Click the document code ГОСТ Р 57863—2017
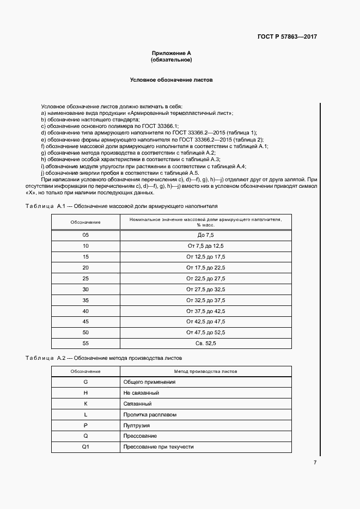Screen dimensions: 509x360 tap(287, 37)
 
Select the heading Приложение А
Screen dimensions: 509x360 tap(171, 53)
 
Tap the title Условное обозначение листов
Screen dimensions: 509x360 tap(171, 80)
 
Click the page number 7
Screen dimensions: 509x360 tap(315, 462)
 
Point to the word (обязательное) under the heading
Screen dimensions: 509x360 tap(171, 60)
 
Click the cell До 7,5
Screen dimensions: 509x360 tap(205, 235)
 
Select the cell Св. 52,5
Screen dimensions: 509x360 tap(205, 343)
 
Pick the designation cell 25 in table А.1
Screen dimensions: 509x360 tap(86, 278)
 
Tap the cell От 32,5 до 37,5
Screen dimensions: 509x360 tap(205, 300)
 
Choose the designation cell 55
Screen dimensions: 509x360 tap(86, 343)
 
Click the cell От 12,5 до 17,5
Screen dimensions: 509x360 tap(205, 256)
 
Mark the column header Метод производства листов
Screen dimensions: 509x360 tap(205, 371)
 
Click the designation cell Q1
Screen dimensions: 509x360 tap(86, 447)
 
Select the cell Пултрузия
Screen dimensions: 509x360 tap(137, 425)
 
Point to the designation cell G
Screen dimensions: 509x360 tap(86, 382)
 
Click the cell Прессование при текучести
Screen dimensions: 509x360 tap(158, 447)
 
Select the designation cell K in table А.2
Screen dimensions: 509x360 tap(86, 404)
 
